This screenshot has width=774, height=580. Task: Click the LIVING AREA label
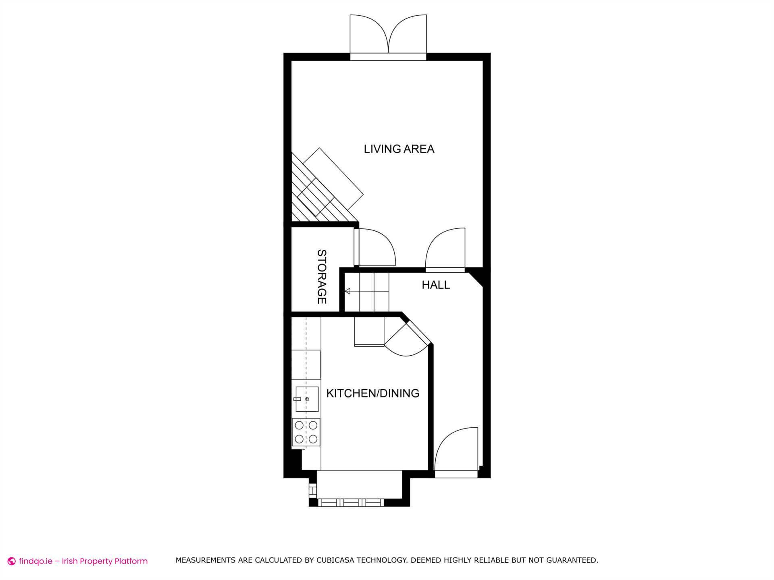coord(399,149)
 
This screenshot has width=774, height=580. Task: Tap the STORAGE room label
coord(322,277)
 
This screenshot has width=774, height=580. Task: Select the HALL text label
coord(435,285)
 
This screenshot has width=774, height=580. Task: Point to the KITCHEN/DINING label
coord(372,393)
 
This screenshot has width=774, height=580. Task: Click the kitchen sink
coord(307,399)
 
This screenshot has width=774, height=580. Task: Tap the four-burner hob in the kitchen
coord(306,432)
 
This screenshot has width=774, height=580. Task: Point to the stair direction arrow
coord(347,291)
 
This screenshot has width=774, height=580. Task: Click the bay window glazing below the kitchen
coord(350,502)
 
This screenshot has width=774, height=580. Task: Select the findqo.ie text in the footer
coord(35,561)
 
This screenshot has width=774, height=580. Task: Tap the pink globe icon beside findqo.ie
coord(12,561)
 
